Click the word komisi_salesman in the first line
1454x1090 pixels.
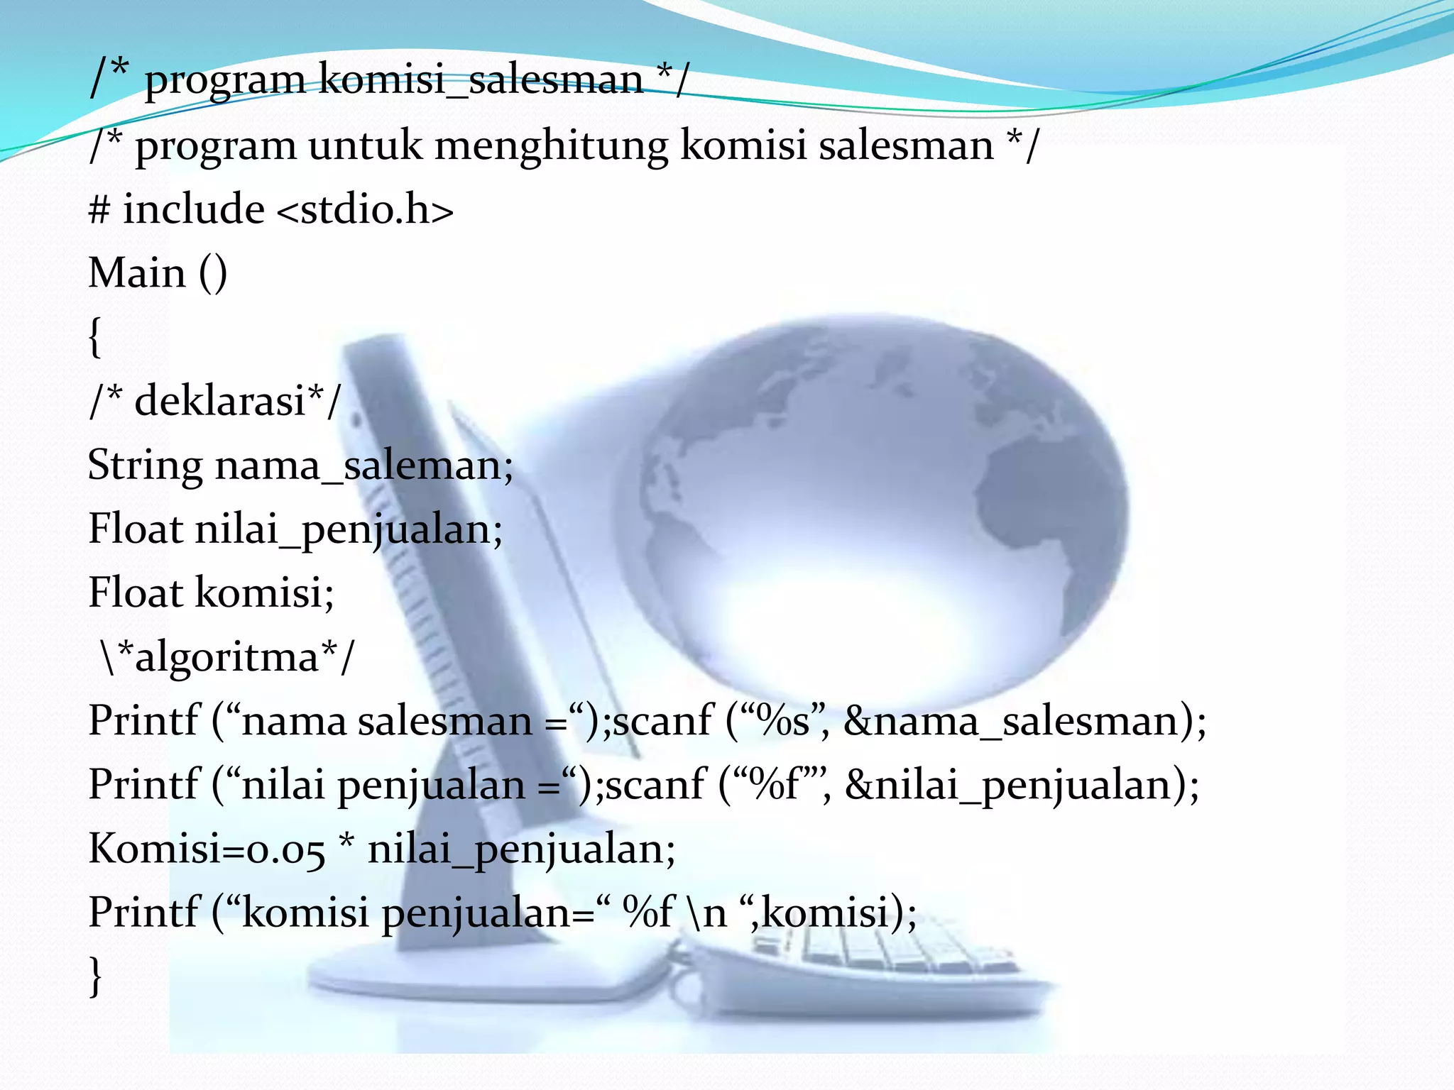481,79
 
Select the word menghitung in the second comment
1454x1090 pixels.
551,145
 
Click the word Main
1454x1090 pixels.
137,273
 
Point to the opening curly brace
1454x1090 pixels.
95,338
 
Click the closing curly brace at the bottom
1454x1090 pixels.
95,976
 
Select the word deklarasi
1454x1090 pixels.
221,401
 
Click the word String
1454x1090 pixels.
145,467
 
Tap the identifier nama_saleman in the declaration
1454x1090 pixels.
363,467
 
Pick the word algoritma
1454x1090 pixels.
226,657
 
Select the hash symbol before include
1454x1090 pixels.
99,211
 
